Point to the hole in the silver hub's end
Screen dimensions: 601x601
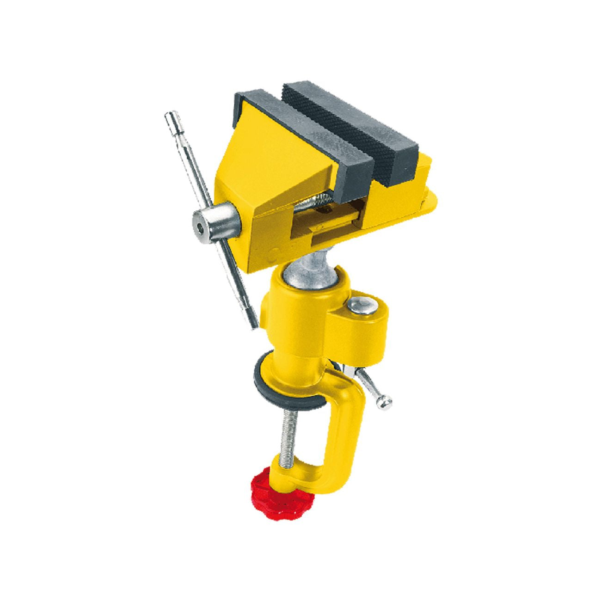tap(199, 228)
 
